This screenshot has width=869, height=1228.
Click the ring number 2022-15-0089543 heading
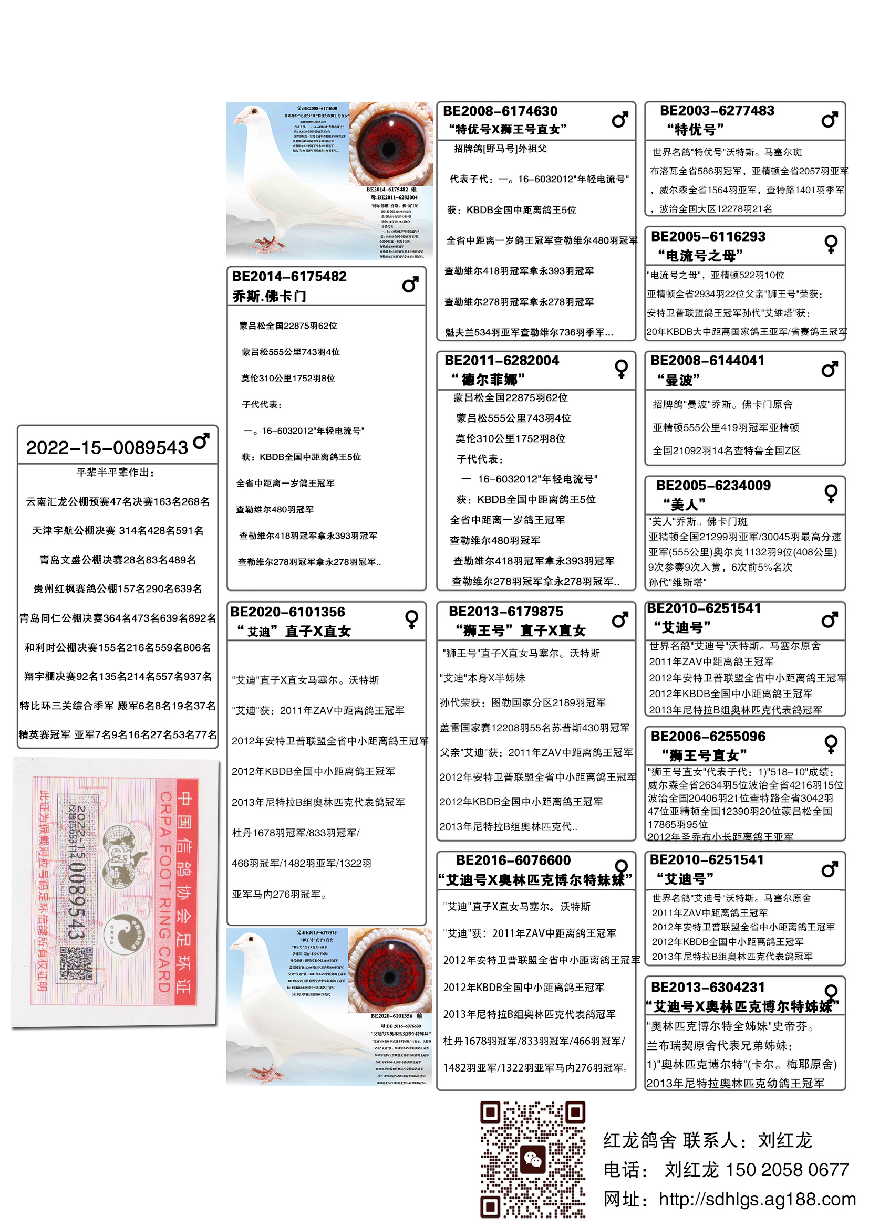[x=107, y=447]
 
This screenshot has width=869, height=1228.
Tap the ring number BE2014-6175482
[x=289, y=277]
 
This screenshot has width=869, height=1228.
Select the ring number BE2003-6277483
[x=717, y=111]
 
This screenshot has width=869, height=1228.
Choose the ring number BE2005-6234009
[x=713, y=486]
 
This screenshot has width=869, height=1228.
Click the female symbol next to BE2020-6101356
[x=411, y=619]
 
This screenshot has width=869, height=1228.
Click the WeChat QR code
[x=532, y=1159]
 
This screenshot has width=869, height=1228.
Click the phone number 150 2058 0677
[x=787, y=1170]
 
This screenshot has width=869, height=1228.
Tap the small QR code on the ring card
[x=76, y=964]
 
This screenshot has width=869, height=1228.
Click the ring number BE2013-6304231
[x=707, y=988]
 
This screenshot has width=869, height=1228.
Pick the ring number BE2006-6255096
[x=707, y=737]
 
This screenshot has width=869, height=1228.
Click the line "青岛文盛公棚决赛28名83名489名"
[x=118, y=560]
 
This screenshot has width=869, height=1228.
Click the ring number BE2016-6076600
[x=513, y=860]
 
